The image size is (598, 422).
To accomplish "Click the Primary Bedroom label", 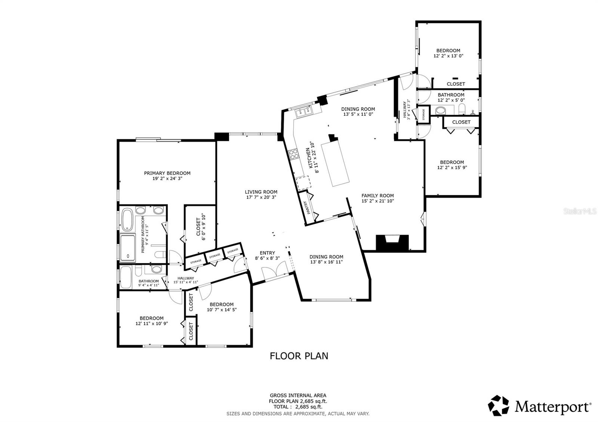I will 167,173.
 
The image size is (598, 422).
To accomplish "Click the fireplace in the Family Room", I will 392,242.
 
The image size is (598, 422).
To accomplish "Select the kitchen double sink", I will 303,111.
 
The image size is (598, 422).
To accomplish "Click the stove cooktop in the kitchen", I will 293,153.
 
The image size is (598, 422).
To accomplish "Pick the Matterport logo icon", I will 499,406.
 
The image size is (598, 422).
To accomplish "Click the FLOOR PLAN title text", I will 299,356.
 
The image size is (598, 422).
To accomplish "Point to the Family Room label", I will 377,196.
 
